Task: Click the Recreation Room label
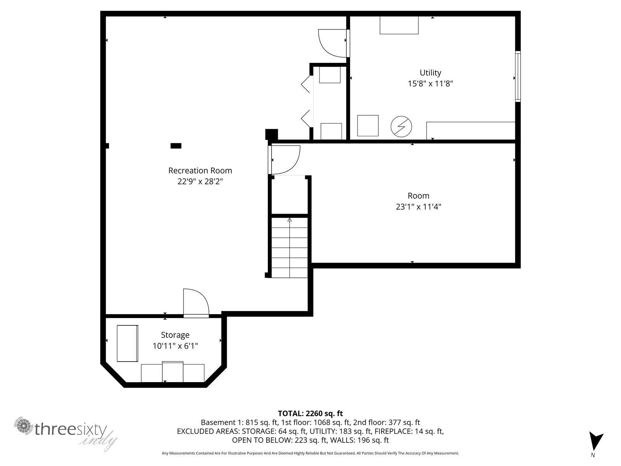[200, 170]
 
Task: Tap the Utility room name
[430, 73]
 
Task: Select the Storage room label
[175, 335]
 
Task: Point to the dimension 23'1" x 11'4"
[418, 207]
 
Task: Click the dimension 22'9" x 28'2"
[200, 181]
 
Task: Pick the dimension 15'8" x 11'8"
[430, 83]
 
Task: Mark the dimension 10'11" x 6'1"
[175, 346]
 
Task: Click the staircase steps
[290, 248]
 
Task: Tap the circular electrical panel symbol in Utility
[401, 127]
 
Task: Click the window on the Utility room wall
[518, 77]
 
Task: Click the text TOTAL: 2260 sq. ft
[310, 413]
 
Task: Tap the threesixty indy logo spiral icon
[24, 426]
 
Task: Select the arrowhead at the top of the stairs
[290, 220]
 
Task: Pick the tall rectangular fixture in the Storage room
[127, 343]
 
